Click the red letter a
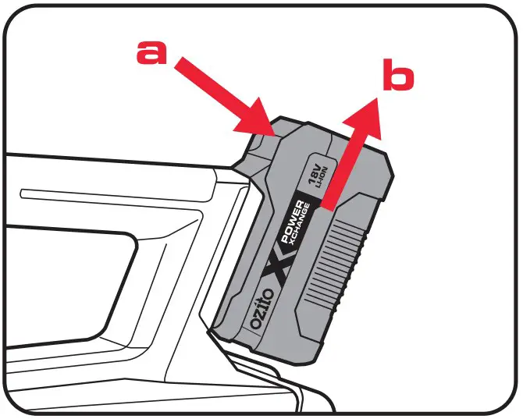[x=151, y=52]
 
